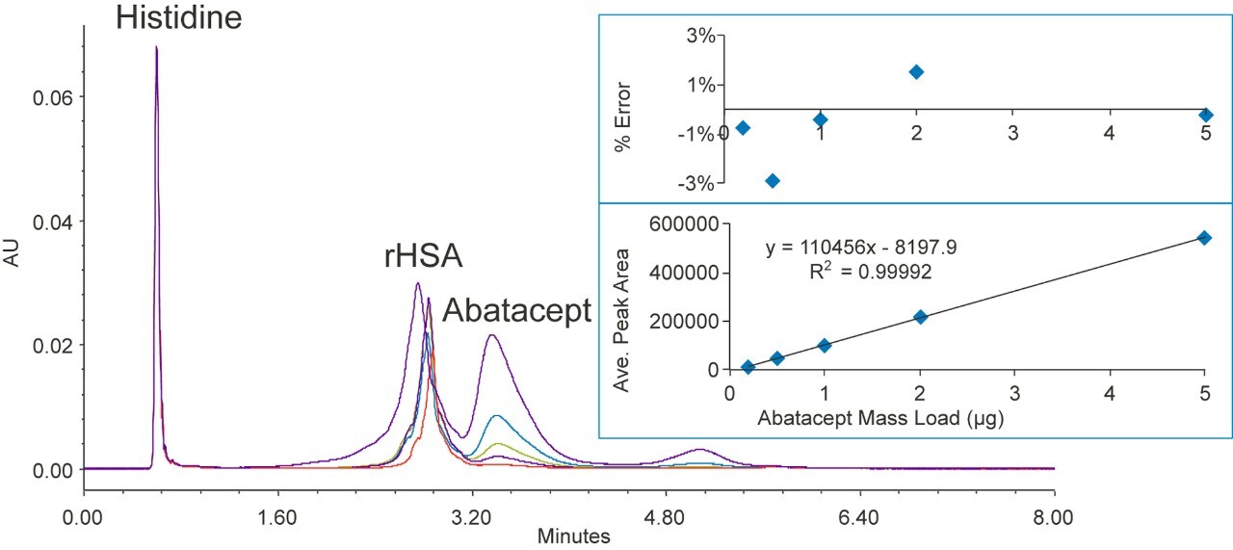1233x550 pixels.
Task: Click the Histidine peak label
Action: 179,17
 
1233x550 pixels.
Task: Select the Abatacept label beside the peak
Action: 516,310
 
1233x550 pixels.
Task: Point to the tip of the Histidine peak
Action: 156,47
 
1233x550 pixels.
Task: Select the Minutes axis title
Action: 573,537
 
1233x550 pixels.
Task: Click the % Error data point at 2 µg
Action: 916,71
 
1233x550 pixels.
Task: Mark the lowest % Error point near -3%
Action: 772,180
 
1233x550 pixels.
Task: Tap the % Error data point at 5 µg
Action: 1205,115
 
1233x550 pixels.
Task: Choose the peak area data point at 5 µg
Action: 1204,237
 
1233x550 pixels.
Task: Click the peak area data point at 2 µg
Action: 920,316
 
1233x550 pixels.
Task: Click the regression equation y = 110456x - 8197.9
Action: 860,248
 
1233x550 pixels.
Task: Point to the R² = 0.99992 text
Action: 871,272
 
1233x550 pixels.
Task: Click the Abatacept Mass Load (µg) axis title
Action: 868,419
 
